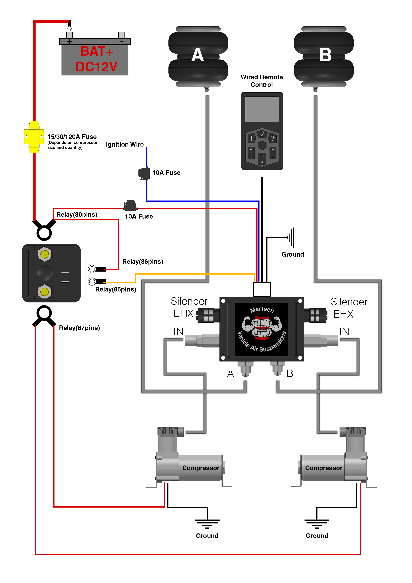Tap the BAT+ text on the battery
pos(97,51)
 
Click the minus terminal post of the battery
pos(122,35)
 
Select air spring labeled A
pos(198,56)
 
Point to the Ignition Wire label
pos(125,144)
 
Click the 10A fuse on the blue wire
pos(144,173)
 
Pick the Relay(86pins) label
pos(143,262)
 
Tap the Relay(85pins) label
pos(115,290)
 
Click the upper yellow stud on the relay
pos(45,254)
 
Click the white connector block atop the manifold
pos(262,289)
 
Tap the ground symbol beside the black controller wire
pos(291,238)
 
